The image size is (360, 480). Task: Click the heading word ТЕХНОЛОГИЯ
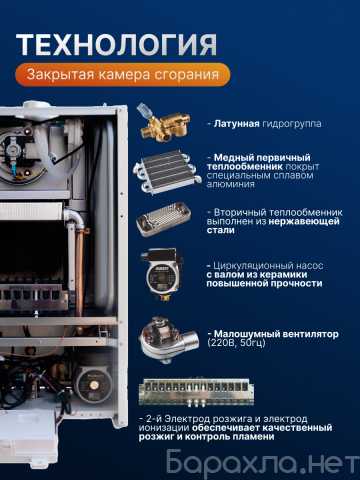point(117,44)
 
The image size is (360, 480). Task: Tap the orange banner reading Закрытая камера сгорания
point(123,74)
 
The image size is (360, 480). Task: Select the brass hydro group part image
point(164,122)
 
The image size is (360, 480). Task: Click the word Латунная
point(236,124)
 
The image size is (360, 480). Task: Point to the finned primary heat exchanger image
point(167,171)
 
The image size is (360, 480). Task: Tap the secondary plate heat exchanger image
point(164,219)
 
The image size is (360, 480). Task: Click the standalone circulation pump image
point(162,274)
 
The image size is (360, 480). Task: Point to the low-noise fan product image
point(169,339)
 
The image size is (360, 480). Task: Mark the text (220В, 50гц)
point(236,343)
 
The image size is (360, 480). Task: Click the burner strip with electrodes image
point(196,392)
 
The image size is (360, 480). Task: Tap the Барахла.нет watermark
point(262,461)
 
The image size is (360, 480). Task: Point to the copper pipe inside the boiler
point(79,272)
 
